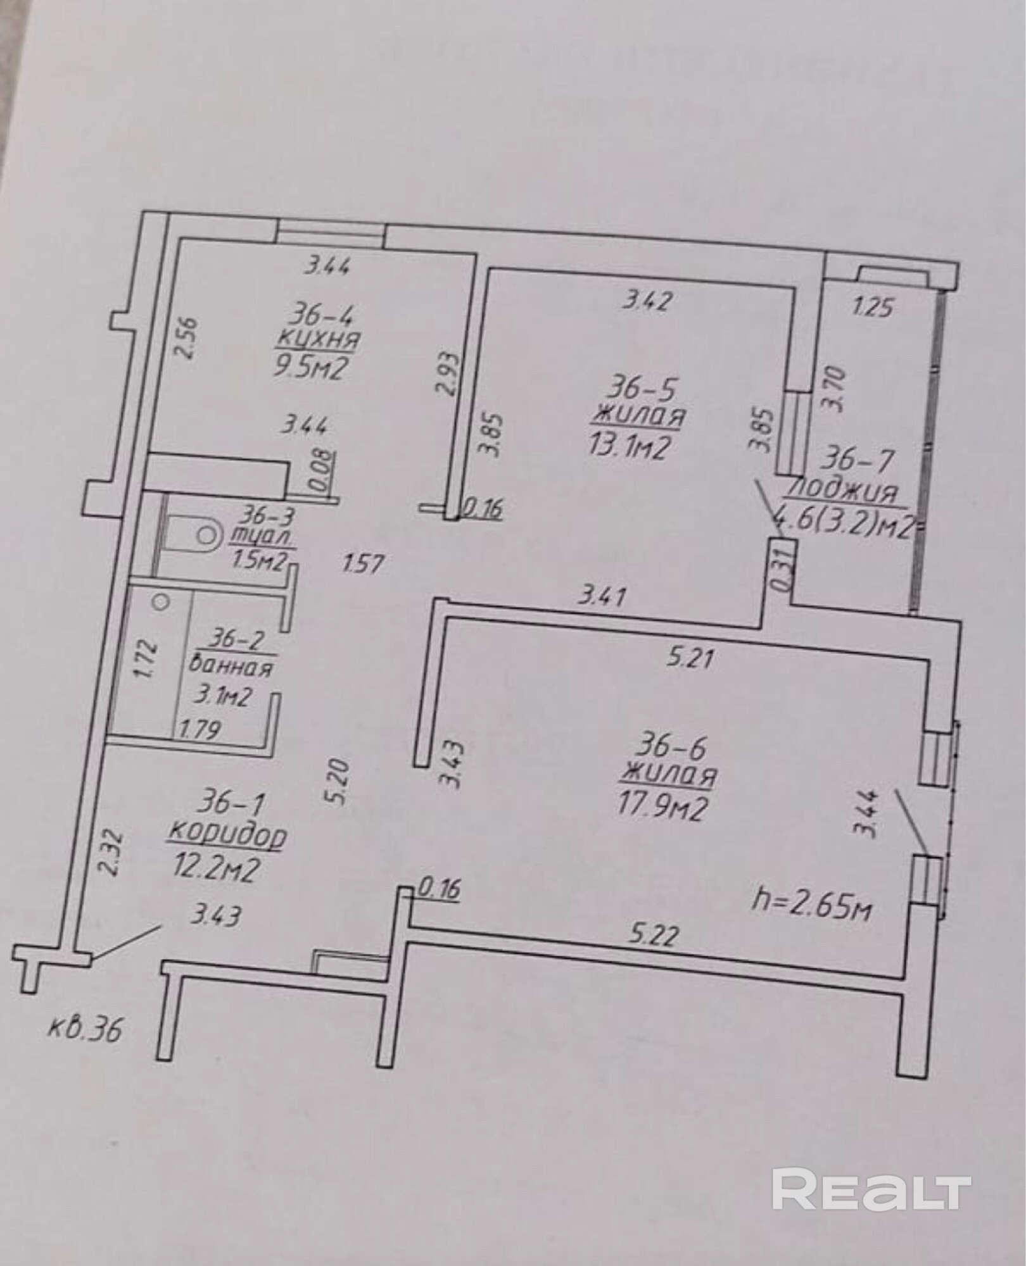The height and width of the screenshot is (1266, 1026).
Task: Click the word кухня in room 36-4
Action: pyautogui.click(x=317, y=341)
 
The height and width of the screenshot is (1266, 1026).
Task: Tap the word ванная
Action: pyautogui.click(x=231, y=667)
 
